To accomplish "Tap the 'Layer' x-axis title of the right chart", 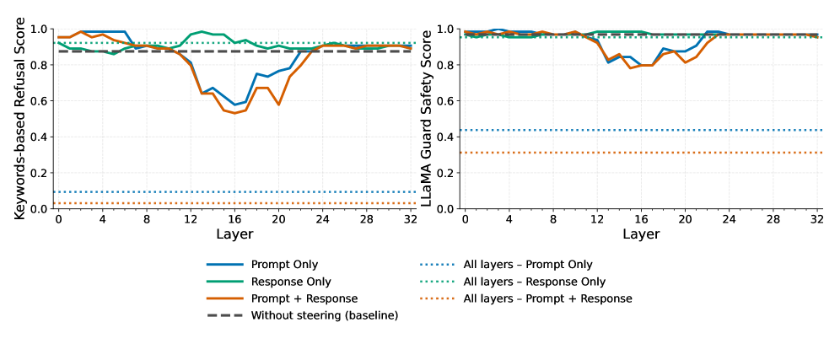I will tap(641, 234).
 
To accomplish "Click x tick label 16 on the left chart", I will tap(234, 219).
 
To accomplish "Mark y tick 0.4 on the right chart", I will tap(447, 137).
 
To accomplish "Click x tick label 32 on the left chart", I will tap(411, 219).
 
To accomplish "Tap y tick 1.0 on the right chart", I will tap(447, 30).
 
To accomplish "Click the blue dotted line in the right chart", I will tap(641, 130).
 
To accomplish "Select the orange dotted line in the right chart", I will tap(641, 153).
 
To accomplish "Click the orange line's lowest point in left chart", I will tap(234, 113).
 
